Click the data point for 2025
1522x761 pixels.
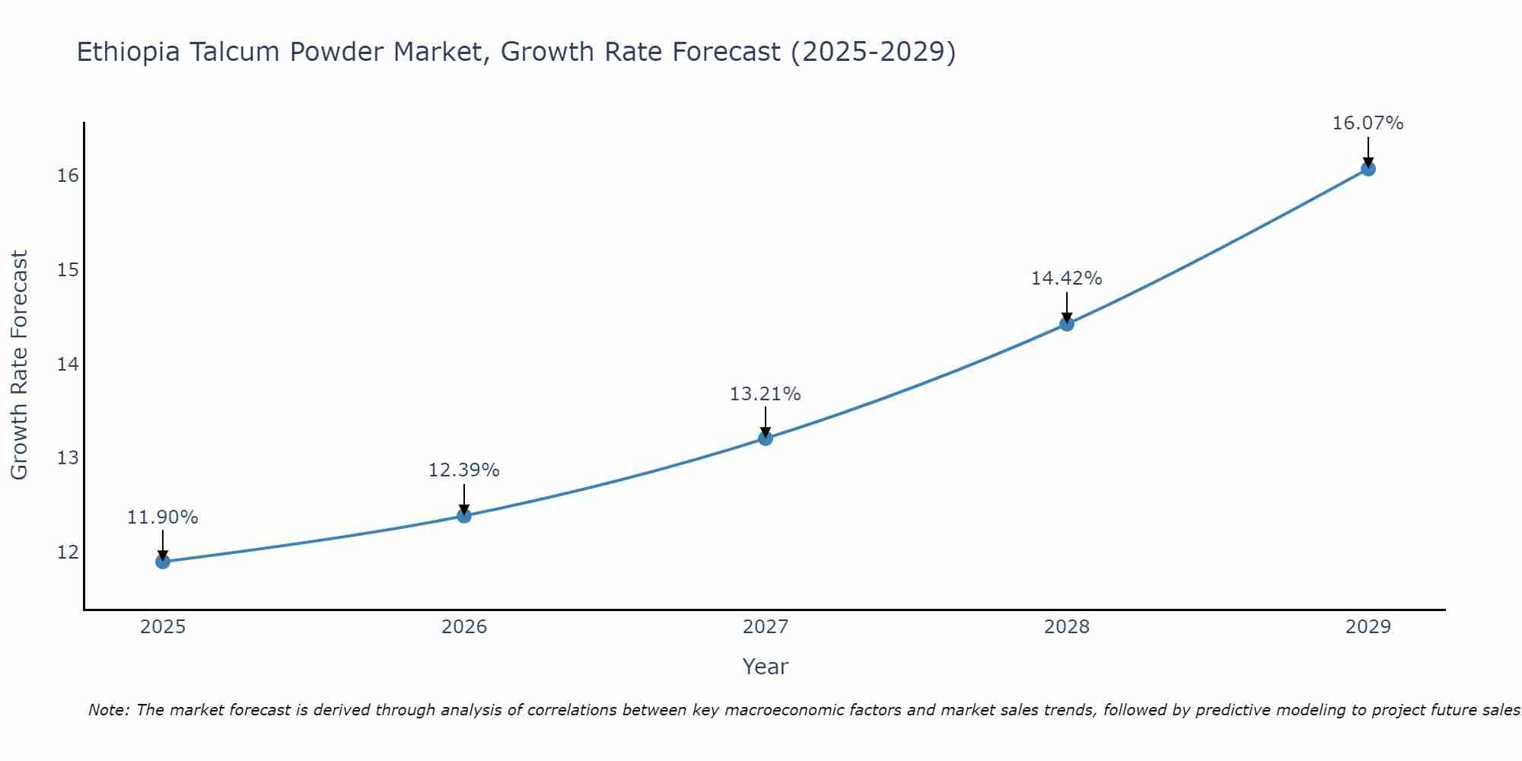[x=163, y=562]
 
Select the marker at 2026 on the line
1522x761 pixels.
[x=464, y=515]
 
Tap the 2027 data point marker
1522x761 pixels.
[x=766, y=438]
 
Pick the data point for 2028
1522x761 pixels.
[x=1067, y=323]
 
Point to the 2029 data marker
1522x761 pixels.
[x=1368, y=168]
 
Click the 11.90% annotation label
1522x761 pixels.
[x=163, y=517]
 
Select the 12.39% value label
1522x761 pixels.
[x=464, y=470]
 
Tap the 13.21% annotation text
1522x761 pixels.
[x=766, y=394]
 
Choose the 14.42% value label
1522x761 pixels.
[x=1067, y=279]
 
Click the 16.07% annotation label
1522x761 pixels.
[x=1368, y=123]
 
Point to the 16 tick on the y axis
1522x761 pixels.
[x=68, y=176]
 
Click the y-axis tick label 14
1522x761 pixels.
[x=68, y=364]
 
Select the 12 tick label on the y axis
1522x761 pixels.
[x=68, y=552]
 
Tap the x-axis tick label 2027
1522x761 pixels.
[x=766, y=627]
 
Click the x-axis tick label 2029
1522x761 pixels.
[x=1368, y=627]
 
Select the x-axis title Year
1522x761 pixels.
[x=766, y=667]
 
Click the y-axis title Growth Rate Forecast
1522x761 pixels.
[x=20, y=365]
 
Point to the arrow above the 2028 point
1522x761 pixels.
[x=1067, y=307]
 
